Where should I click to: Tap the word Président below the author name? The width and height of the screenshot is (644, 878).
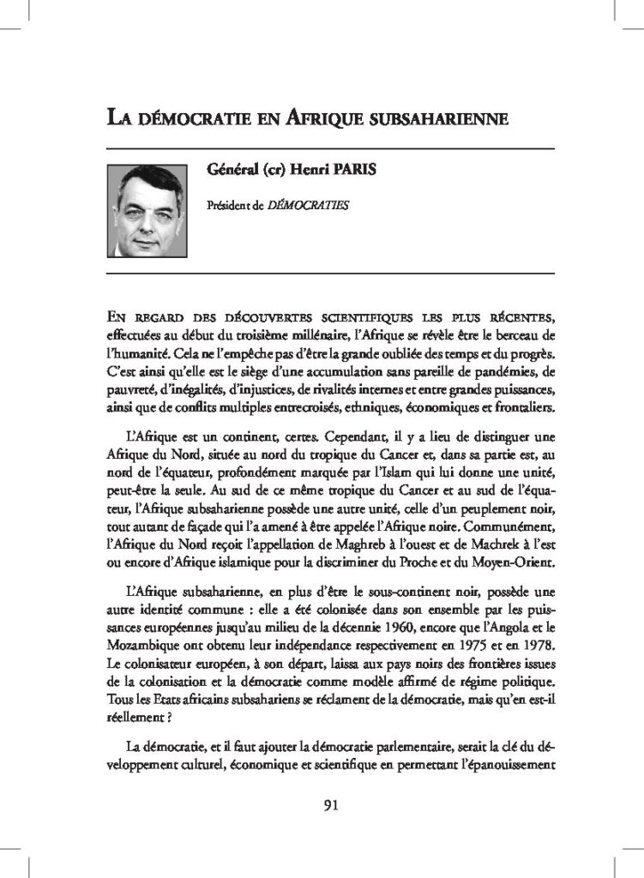pos(229,206)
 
